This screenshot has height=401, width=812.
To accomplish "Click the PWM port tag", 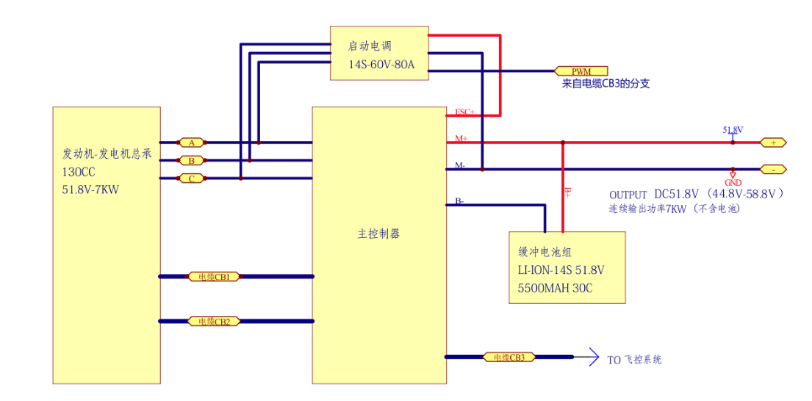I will click(x=581, y=71).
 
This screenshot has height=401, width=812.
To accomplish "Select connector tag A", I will click(x=192, y=142).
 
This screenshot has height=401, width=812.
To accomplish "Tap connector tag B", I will click(x=192, y=160).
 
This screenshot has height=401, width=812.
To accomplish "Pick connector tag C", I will click(x=192, y=178).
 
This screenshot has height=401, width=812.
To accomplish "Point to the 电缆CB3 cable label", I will click(x=509, y=358).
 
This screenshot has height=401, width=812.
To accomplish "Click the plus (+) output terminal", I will click(x=772, y=142).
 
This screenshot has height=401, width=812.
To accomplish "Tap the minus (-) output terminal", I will click(x=772, y=170).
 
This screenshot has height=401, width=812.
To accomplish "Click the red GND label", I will click(x=733, y=183).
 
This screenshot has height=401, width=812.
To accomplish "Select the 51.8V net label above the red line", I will click(x=733, y=130).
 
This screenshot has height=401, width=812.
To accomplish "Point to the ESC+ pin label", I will click(x=464, y=112).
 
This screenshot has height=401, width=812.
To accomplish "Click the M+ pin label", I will click(x=461, y=138).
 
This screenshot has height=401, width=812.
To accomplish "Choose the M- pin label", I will click(x=460, y=165).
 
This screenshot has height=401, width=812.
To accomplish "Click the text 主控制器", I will click(x=378, y=234).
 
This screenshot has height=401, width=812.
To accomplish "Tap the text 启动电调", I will click(x=370, y=46).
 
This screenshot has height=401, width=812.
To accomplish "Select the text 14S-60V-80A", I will click(x=381, y=65).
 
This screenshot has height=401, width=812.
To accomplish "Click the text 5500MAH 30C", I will click(x=555, y=289).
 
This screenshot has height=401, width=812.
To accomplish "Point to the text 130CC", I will click(x=79, y=172).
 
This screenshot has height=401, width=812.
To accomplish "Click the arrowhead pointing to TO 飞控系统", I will click(x=594, y=358).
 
